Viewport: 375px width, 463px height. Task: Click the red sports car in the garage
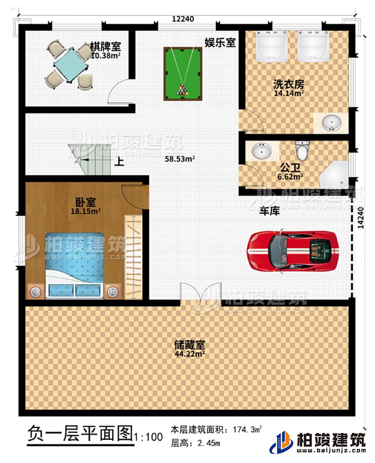coord(293,250)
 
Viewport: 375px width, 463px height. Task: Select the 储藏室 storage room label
coord(189,345)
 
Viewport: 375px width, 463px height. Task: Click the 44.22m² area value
coord(189,353)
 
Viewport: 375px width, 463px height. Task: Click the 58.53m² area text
coord(180,159)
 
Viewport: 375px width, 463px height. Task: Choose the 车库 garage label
coord(268,212)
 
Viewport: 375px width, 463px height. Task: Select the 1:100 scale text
coord(148,437)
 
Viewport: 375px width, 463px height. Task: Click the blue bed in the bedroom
coord(75,265)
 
